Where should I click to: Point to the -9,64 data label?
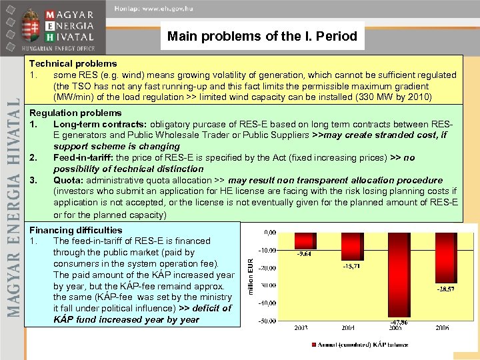click(304, 254)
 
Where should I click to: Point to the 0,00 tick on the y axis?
click(270, 232)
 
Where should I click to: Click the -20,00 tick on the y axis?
click(268, 267)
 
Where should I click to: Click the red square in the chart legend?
click(314, 345)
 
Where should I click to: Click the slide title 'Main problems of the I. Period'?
click(263, 36)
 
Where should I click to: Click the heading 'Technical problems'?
click(73, 64)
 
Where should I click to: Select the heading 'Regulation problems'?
click(75, 113)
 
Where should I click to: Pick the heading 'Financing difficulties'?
click(76, 230)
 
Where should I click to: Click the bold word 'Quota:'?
click(69, 180)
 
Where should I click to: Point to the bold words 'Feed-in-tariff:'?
click(85, 157)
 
